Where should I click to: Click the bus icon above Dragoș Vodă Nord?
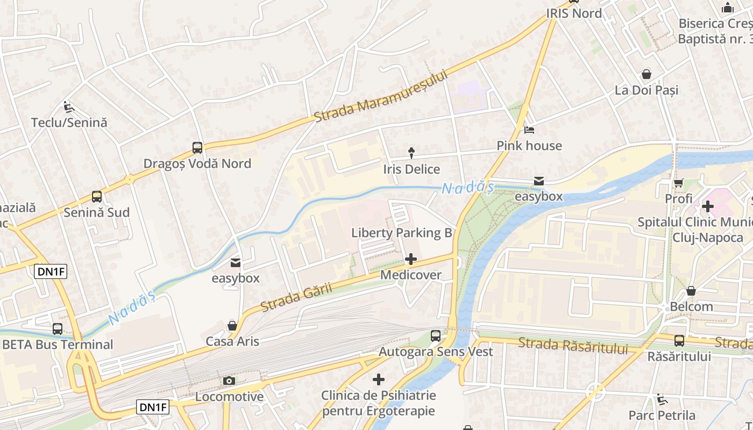pos(197,148)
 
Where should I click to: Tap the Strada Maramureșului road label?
pos(381,96)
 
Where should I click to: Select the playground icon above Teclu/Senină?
pos(68,107)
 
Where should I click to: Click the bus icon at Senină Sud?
pos(97,197)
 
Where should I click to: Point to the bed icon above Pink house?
pos(529,130)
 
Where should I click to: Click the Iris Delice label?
pos(411,169)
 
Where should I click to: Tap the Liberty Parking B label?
pos(401,233)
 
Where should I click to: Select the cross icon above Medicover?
pos(411,260)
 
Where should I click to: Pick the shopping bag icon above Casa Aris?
pos(232,326)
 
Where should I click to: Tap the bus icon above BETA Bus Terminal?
pos(58,329)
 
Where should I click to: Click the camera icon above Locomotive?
pos(229,381)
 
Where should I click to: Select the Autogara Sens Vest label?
pos(436,352)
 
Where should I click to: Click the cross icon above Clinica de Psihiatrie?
pos(379,380)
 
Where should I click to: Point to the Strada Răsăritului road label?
pos(573,345)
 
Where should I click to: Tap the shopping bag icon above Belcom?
pos(691,291)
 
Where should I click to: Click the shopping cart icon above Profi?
pos(679,183)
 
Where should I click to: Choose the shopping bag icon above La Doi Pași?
pos(647,74)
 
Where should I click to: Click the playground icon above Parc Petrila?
pos(662,399)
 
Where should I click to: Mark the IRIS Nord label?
pos(574,13)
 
